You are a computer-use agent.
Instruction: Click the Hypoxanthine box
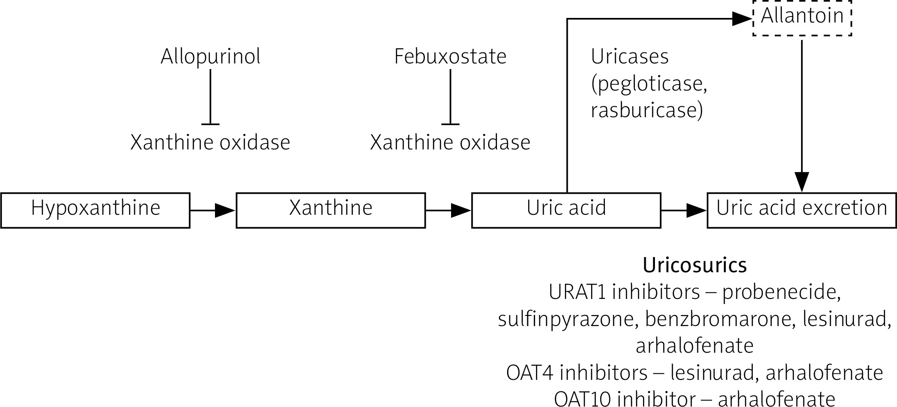click(x=96, y=210)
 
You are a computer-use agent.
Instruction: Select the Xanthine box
click(x=331, y=210)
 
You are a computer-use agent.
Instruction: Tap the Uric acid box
click(x=566, y=210)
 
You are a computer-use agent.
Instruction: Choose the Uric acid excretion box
click(x=801, y=210)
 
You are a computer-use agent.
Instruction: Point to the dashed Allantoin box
click(x=802, y=17)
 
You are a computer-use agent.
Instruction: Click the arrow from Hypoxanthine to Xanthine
click(x=213, y=210)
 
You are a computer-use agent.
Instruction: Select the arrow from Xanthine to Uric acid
click(x=448, y=210)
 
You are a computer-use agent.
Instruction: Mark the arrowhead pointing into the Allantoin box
click(x=741, y=19)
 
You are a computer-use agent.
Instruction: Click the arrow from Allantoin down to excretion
click(x=802, y=115)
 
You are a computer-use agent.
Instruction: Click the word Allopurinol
click(x=210, y=57)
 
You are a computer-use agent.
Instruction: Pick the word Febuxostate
click(x=450, y=57)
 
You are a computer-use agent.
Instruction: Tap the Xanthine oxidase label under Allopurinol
click(x=210, y=143)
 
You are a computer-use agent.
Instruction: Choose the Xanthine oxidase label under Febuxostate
click(x=450, y=143)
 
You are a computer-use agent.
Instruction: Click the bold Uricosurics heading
click(x=694, y=265)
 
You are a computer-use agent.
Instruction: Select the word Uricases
click(x=629, y=57)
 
